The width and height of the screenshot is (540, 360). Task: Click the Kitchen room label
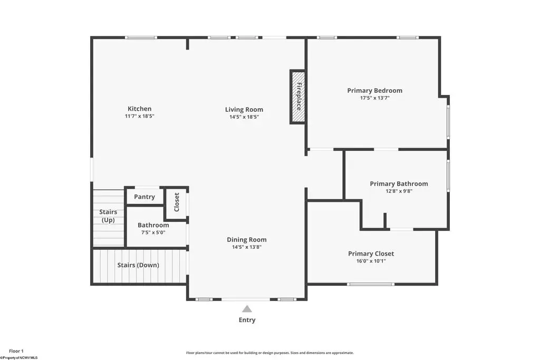pos(139,109)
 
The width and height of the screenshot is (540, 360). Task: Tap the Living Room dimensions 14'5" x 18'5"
pos(244,117)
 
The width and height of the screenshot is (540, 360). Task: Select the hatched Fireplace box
pos(298,96)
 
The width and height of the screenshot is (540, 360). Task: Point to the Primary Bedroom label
pos(375,91)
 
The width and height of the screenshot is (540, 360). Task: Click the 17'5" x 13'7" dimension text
pos(375,98)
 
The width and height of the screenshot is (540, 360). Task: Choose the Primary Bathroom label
pos(399,184)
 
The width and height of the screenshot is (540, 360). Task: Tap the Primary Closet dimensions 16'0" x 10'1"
pos(371,261)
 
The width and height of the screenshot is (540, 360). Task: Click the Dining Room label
pos(247,239)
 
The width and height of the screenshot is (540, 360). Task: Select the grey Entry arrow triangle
pos(247,309)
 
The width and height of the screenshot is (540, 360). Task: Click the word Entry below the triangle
pos(247,320)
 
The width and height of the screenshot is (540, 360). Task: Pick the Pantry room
pos(144,197)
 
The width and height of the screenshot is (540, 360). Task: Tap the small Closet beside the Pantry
pos(176,202)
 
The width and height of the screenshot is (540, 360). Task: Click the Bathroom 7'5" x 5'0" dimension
pos(153,232)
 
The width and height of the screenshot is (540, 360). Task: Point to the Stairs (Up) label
pos(108,216)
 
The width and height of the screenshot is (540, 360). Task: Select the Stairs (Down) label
pos(138,265)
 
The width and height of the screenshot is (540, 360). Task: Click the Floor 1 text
pos(16,352)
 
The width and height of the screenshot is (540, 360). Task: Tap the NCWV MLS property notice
pos(19,358)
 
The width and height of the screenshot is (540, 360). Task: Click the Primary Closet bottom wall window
pos(371,284)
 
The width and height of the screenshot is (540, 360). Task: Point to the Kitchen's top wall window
pos(141,37)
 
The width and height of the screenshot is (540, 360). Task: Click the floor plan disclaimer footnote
pos(270,353)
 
